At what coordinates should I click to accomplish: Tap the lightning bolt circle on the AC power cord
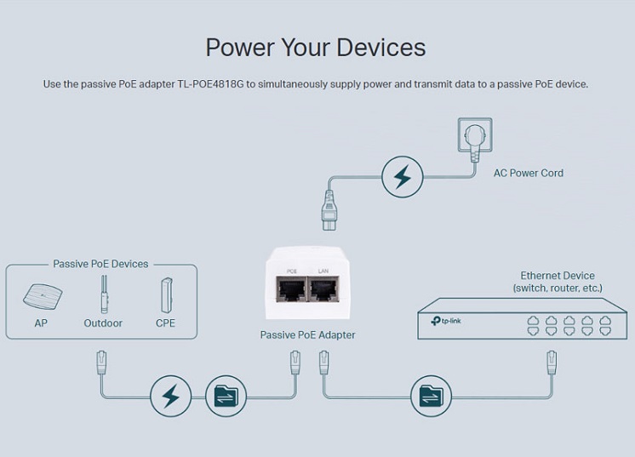point(402,177)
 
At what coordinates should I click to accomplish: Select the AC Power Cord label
point(528,174)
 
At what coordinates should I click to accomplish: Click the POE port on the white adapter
point(291,289)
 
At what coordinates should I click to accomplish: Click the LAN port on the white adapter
point(324,289)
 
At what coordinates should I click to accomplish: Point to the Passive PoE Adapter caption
point(307,335)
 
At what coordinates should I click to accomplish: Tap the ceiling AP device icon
point(43,296)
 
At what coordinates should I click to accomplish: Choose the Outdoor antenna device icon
point(104,294)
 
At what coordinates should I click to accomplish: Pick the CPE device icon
point(167,295)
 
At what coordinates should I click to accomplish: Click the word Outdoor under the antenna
point(103,323)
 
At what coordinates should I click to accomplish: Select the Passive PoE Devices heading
point(100,264)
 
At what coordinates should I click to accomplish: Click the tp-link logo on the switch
point(446,321)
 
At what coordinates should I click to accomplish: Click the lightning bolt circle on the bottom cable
point(170,396)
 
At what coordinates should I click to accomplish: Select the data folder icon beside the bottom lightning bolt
point(226,396)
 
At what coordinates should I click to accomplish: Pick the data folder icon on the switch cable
point(431,396)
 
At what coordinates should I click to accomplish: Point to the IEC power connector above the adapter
point(329,210)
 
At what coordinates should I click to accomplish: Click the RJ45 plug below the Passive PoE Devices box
point(101,363)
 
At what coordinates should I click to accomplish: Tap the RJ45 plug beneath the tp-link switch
point(552,363)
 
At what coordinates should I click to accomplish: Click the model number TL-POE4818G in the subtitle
point(210,84)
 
